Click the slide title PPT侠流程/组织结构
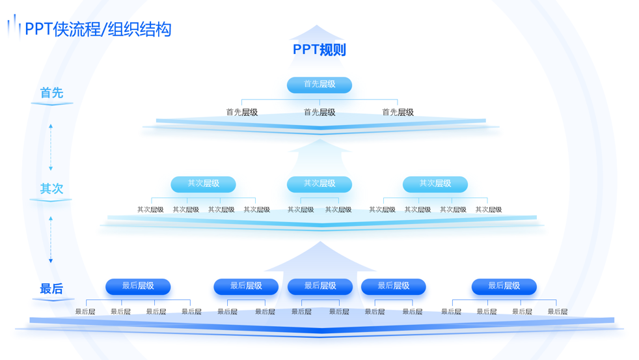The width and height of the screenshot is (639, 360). tap(98, 29)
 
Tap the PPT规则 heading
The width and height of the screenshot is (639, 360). tap(319, 49)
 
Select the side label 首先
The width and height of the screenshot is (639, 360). tap(51, 93)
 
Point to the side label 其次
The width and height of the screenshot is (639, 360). tap(51, 189)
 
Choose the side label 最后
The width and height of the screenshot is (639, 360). tap(51, 288)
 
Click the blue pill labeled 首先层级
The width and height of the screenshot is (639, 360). tap(319, 85)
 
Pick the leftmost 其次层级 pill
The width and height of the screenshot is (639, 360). tap(203, 184)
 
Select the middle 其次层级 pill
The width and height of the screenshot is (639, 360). tap(319, 184)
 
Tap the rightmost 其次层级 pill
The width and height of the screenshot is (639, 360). tap(435, 184)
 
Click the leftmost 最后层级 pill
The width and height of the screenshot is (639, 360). tap(138, 286)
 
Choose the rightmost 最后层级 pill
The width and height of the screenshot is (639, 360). tap(504, 286)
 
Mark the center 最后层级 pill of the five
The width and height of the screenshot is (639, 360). tap(319, 286)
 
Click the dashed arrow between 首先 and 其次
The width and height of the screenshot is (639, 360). tap(51, 146)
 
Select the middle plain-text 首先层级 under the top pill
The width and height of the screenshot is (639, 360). tap(319, 113)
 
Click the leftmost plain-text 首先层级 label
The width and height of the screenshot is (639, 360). tap(241, 113)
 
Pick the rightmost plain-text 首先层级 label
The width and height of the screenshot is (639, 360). tap(397, 113)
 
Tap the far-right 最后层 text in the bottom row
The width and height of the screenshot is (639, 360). tap(557, 312)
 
